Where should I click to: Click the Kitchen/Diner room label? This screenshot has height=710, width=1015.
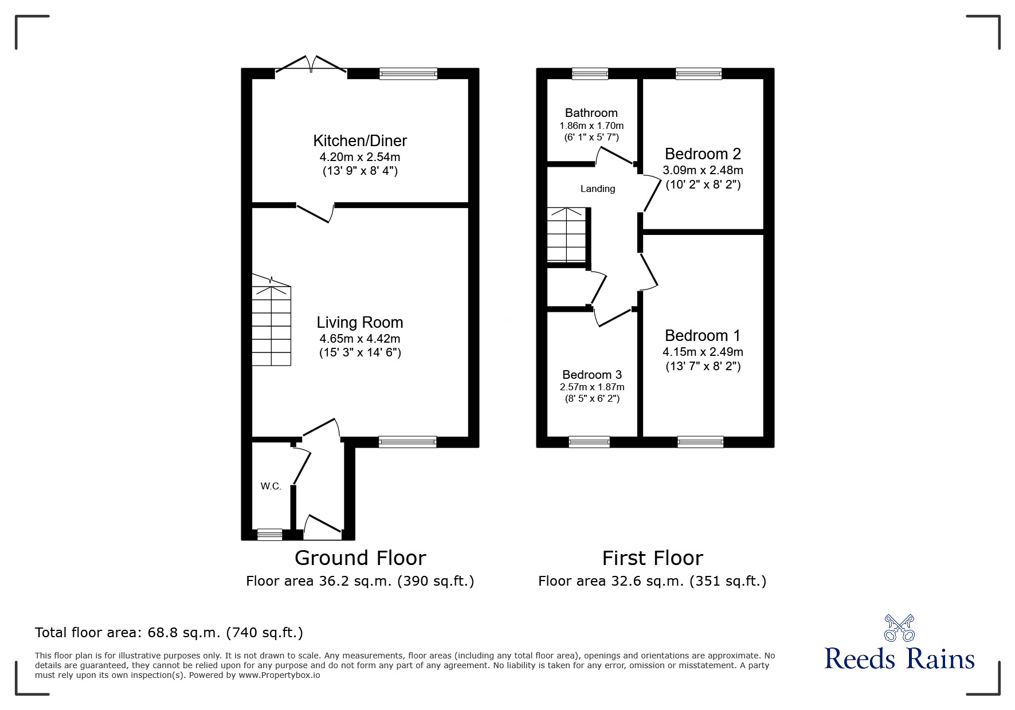click(x=360, y=141)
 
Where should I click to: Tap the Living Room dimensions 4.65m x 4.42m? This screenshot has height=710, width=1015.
click(x=360, y=339)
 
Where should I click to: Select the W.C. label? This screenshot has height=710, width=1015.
click(x=271, y=487)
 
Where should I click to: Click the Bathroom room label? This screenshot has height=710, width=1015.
click(x=591, y=113)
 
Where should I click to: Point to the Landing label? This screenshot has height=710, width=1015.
click(x=598, y=189)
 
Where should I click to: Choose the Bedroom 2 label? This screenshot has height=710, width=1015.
click(x=703, y=154)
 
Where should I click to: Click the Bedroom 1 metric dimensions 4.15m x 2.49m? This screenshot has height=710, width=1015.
click(x=703, y=352)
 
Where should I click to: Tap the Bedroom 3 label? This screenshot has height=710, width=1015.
click(x=592, y=375)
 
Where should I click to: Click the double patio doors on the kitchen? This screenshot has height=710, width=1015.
click(x=311, y=66)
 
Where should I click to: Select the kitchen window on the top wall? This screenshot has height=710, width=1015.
click(x=409, y=74)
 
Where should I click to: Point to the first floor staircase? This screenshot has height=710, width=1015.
click(x=566, y=235)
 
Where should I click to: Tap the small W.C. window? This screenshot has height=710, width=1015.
click(x=270, y=535)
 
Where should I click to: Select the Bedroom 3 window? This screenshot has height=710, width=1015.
click(x=589, y=442)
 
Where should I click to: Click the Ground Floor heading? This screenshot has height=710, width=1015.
click(x=360, y=558)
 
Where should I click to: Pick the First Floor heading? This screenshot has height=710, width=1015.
click(x=652, y=558)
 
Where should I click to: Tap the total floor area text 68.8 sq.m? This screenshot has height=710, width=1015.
click(x=169, y=633)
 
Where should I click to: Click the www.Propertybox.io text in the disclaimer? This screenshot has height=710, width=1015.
click(x=279, y=675)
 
